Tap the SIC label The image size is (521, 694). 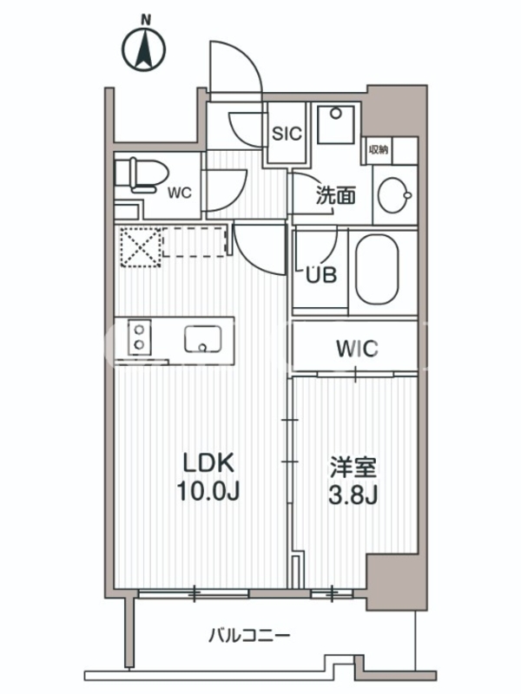pos(287,134)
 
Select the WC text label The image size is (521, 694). pos(180,193)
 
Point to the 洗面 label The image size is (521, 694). pos(335,195)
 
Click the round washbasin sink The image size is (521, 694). pos(394,195)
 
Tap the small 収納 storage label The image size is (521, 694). pos(379,149)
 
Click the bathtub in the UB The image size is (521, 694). pos(377,269)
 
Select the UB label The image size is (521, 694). pos(321,275)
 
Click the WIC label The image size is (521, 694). pos(357,349)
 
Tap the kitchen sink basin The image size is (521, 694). pos(203,339)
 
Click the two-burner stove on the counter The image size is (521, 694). pos(140,337)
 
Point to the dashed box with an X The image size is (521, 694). pos(141,247)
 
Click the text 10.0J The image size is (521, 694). pos(208,490)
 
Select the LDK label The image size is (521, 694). pos(208,463)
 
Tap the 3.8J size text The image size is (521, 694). pos(353,495)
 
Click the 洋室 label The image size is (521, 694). pos(353,468)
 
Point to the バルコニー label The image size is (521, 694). pos(249,636)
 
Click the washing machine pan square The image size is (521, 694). pos(336,124)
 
